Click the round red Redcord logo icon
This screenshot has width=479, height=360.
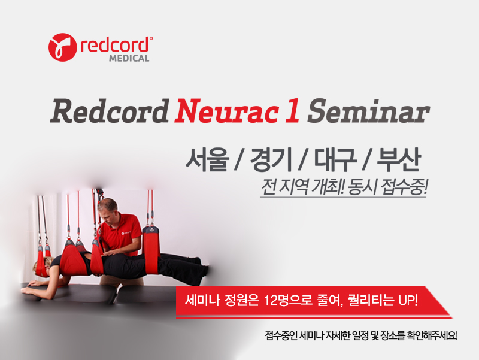coord(62,47)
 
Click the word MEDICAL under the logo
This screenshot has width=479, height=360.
coord(129,58)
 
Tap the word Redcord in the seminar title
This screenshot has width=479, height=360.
coord(110,111)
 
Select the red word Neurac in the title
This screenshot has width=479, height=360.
coord(227,111)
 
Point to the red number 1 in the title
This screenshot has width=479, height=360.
coord(292,111)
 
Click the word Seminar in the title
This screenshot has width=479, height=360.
coord(368,111)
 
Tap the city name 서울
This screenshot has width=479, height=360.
coord(207,159)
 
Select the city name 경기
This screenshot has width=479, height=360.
coord(271,159)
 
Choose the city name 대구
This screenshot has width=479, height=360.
coord(335,159)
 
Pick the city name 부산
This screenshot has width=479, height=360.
coord(399,159)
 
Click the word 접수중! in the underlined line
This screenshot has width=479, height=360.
coord(404,186)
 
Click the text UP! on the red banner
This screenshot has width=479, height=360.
coord(408,301)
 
